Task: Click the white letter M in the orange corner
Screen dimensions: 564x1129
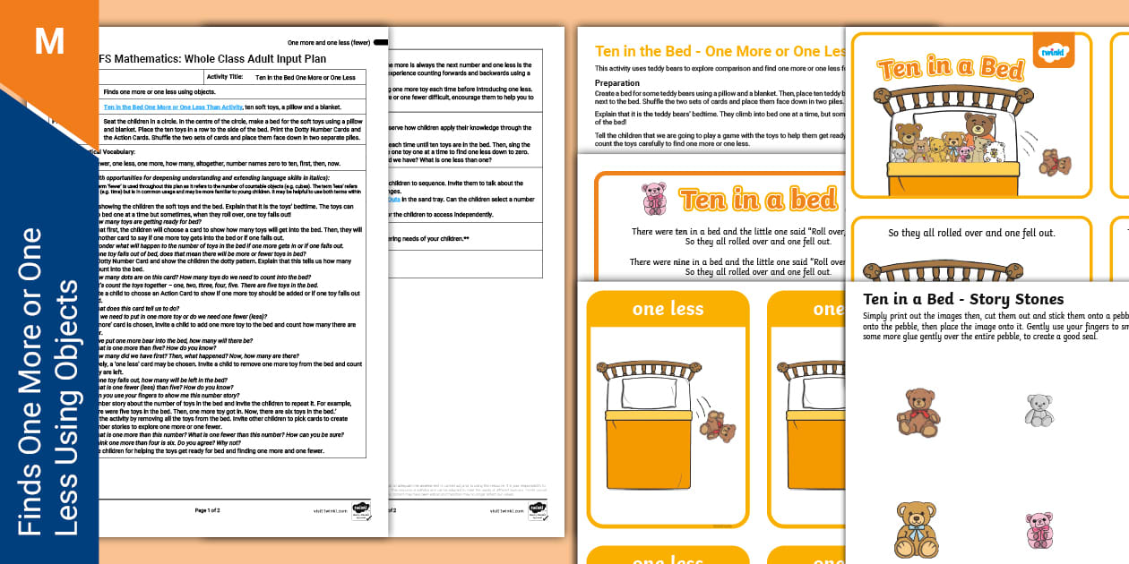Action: [x=49, y=42]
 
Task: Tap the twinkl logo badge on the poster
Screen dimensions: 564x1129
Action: [x=1053, y=52]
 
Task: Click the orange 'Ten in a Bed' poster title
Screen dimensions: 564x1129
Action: [x=950, y=69]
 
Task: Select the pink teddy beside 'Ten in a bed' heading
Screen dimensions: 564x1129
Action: [x=654, y=199]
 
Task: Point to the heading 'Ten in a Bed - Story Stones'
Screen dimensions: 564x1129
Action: [x=963, y=299]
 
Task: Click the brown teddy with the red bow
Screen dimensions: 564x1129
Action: [x=918, y=412]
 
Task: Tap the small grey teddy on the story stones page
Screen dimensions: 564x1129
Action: [x=1039, y=410]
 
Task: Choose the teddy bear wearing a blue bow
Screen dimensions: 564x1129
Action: [x=916, y=528]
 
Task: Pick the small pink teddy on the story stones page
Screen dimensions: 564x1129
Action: [x=1039, y=530]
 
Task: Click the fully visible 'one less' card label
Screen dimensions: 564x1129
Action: [x=668, y=309]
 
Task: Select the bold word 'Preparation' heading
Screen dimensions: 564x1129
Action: [x=617, y=83]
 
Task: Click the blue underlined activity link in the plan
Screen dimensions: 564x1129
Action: [x=172, y=107]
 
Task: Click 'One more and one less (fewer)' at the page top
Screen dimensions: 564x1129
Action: [x=328, y=42]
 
